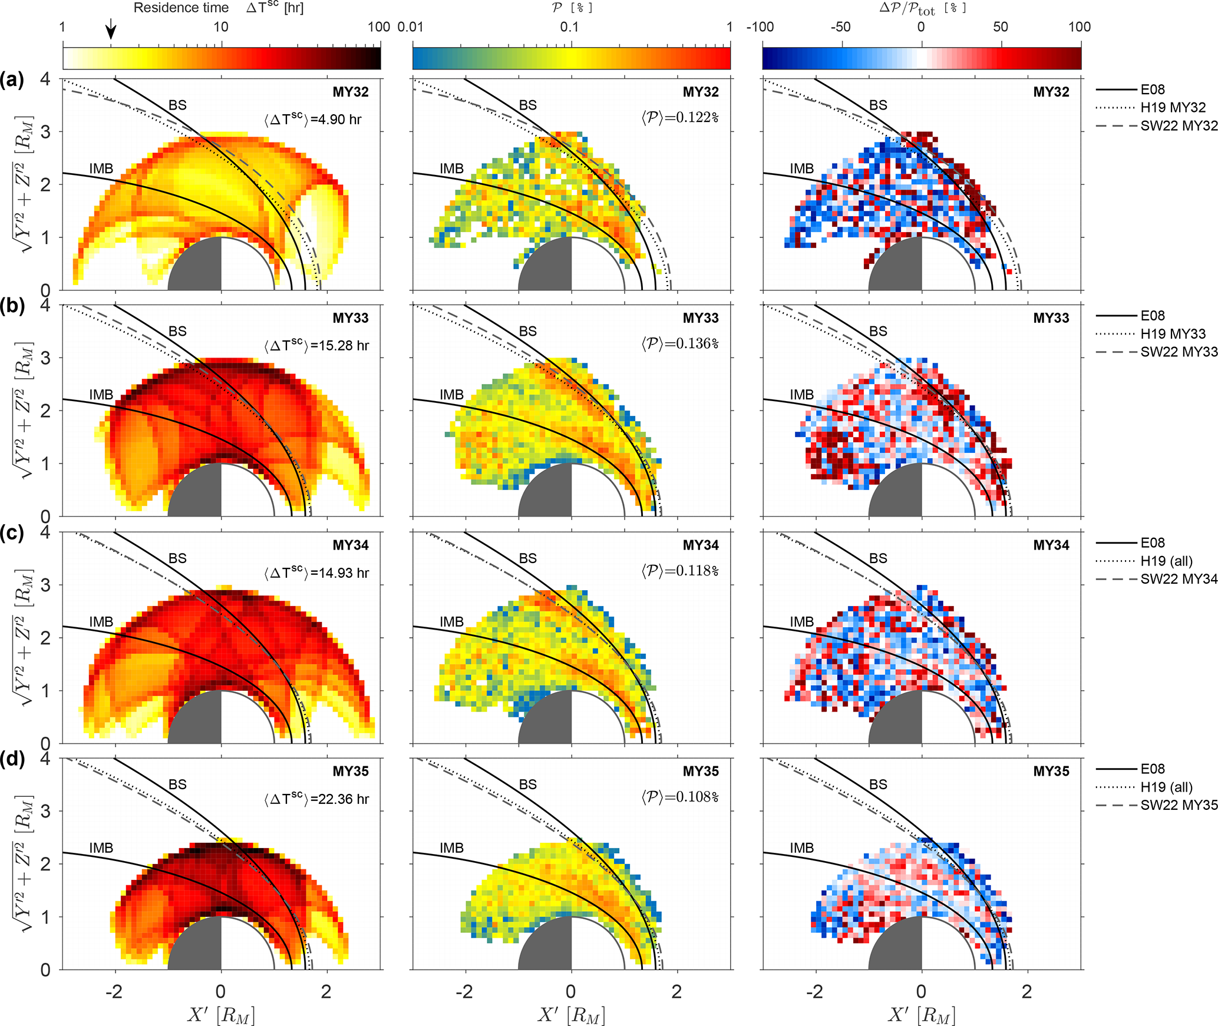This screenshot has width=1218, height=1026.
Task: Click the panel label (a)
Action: point(12,80)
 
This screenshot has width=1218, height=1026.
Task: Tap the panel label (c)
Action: point(12,533)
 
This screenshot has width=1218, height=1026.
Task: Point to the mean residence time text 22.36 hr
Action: point(316,799)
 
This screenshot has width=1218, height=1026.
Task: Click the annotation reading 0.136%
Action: point(680,344)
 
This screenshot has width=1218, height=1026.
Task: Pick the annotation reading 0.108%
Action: point(680,797)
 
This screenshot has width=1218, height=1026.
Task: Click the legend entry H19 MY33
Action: point(1173,334)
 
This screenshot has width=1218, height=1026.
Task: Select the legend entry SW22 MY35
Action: point(1179,805)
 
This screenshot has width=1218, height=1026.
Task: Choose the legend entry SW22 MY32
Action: point(1179,125)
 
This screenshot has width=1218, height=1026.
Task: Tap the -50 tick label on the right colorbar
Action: point(840,27)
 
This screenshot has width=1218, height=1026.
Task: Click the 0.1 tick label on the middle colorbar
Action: point(570,27)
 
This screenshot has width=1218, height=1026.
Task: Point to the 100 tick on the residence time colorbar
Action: point(378,27)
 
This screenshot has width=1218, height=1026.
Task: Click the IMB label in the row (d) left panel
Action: point(101,848)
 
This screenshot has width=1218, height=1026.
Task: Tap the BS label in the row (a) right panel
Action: point(878,105)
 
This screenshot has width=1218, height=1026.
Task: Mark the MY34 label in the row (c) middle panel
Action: point(701,545)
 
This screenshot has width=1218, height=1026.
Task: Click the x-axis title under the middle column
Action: point(571,1014)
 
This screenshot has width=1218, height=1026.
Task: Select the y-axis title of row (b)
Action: point(24,411)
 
